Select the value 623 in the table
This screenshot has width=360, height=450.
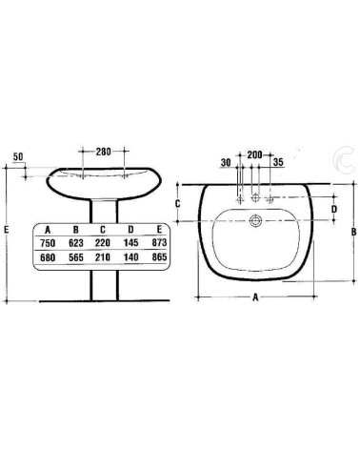coord(77,243)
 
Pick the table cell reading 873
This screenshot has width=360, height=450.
coord(158,243)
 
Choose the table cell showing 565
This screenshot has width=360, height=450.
coord(77,257)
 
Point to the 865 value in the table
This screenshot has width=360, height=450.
coord(158,257)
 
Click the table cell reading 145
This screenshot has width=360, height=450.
coord(130,243)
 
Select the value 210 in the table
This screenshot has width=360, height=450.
coord(104,257)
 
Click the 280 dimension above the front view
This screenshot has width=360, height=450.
coord(104,152)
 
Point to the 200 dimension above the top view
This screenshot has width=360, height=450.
coord(254,153)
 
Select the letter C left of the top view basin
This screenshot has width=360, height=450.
coord(177,203)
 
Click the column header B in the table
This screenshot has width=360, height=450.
coord(77,230)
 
